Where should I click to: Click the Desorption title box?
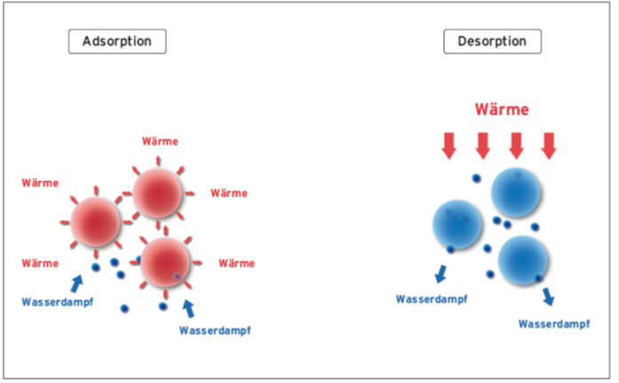click(492, 41)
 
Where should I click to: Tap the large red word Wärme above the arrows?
click(501, 109)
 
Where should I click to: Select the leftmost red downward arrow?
click(449, 145)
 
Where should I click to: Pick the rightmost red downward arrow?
click(549, 145)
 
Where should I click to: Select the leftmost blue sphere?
click(456, 224)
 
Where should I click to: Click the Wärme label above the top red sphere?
click(160, 141)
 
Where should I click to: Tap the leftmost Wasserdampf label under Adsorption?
click(58, 302)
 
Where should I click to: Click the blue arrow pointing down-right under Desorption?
click(550, 295)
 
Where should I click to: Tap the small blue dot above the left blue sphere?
click(476, 179)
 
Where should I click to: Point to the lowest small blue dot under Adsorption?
click(124, 309)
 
